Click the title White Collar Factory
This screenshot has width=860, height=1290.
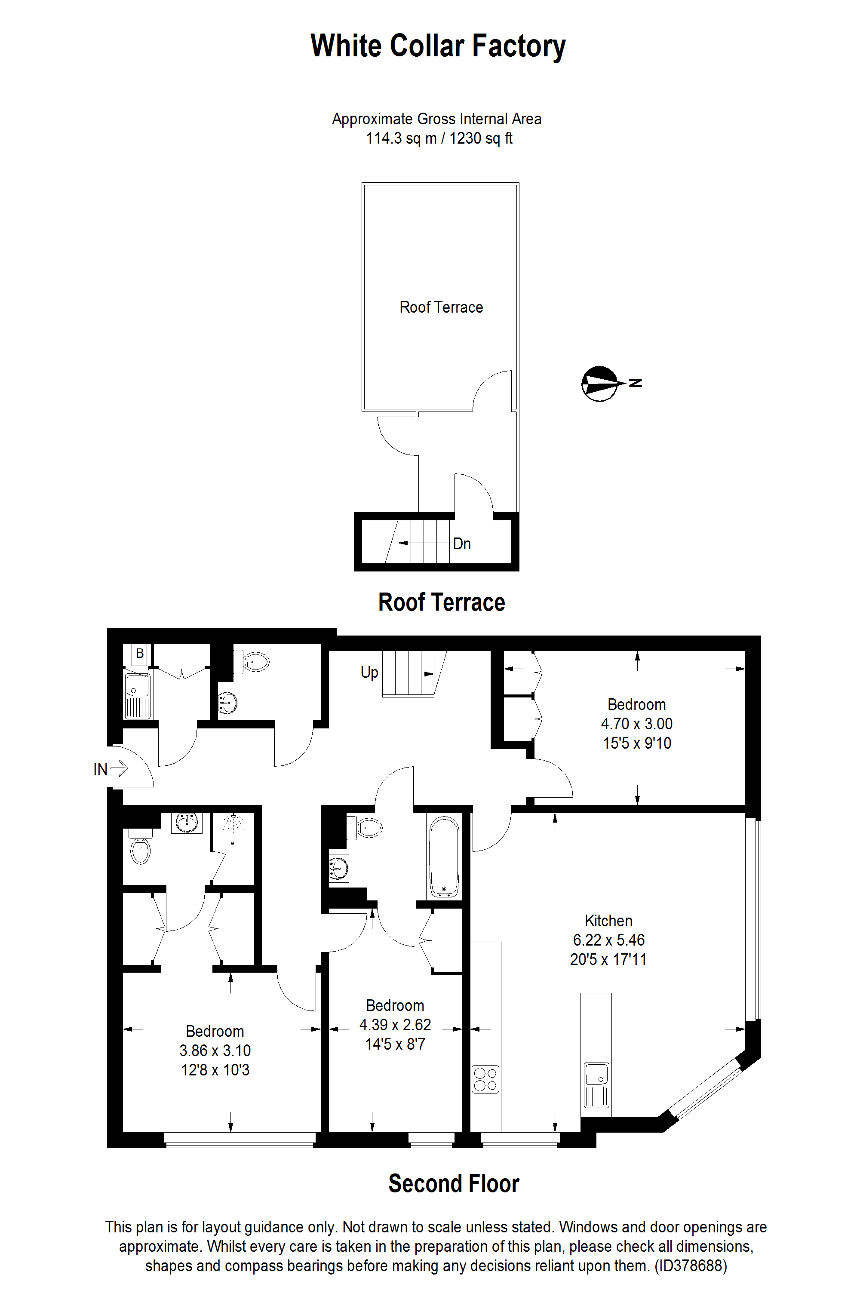click(438, 46)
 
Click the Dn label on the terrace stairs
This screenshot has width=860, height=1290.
click(462, 544)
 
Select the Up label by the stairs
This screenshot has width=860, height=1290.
click(369, 673)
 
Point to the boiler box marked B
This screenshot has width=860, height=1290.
click(140, 654)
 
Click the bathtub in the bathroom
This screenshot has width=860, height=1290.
click(444, 857)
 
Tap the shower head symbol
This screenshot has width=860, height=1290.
click(233, 823)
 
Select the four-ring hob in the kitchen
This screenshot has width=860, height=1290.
click(485, 1079)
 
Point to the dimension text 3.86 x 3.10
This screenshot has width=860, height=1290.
click(215, 1050)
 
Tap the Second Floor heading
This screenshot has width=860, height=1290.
click(454, 1184)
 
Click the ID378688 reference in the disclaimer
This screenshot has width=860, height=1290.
click(691, 1265)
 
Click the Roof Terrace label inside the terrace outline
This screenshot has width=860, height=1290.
click(441, 307)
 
